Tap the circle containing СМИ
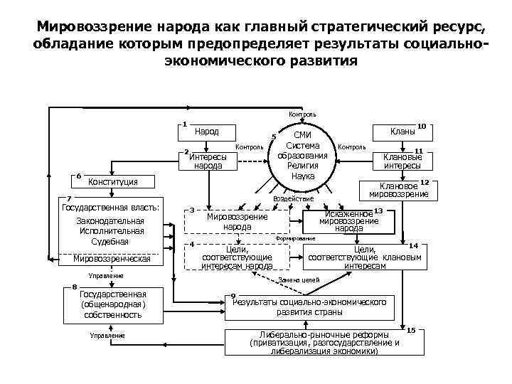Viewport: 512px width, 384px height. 302,155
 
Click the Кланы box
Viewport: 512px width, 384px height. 402,132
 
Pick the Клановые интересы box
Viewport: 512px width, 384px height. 402,161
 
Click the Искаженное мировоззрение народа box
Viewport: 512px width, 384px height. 348,220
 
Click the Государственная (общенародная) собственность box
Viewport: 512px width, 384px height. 114,304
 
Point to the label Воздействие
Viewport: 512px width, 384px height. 292,199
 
